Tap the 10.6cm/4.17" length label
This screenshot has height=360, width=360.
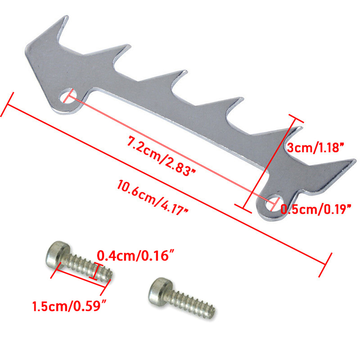click(153, 198)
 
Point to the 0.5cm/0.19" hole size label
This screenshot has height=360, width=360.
click(316, 209)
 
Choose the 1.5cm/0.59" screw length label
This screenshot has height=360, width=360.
click(70, 306)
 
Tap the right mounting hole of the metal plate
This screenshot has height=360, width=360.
click(273, 202)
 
